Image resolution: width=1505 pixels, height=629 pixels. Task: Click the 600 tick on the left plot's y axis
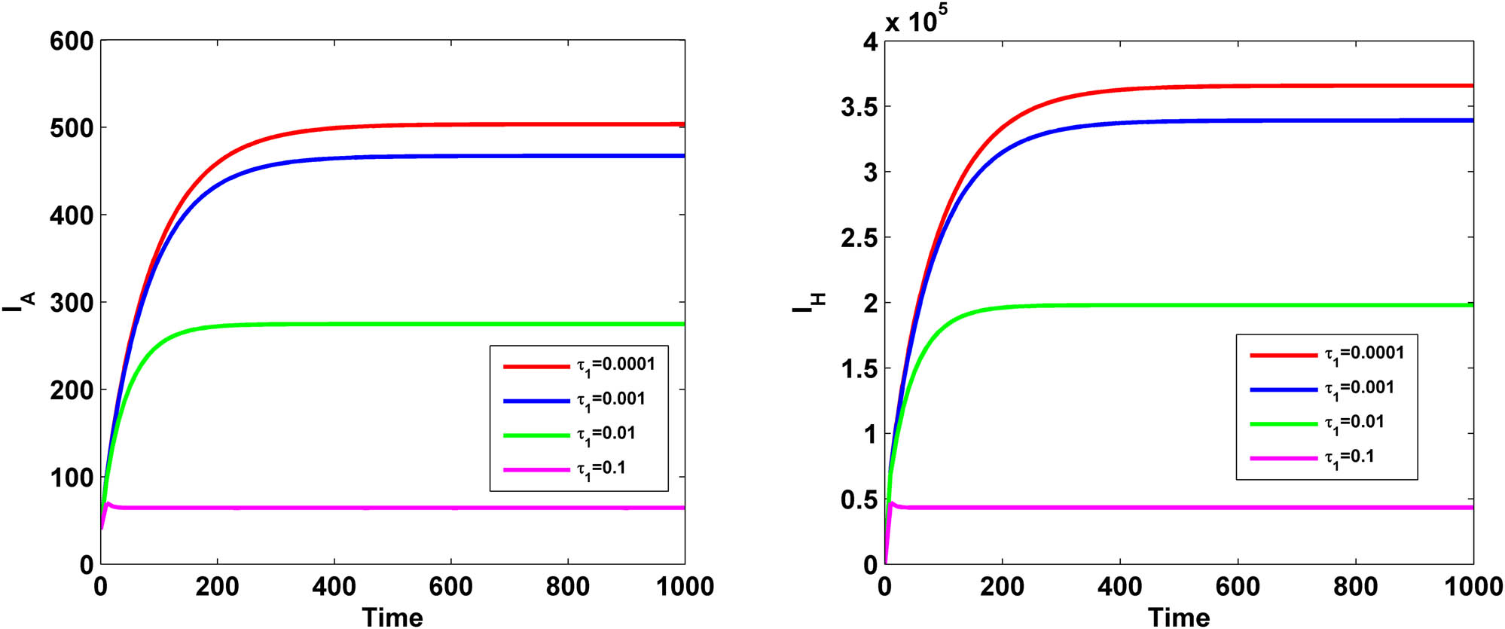(72, 41)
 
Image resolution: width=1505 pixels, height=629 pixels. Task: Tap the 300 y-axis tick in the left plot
(72, 303)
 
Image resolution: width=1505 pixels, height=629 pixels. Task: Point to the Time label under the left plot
(392, 617)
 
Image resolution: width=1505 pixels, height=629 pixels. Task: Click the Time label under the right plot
(1178, 617)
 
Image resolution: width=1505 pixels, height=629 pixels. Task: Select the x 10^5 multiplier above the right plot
(916, 20)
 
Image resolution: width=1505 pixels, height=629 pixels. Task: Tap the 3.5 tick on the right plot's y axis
(859, 107)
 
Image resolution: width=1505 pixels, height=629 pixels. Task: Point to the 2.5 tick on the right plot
(859, 238)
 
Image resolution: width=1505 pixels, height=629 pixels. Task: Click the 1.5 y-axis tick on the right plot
(859, 369)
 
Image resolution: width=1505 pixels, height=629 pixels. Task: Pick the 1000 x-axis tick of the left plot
(685, 586)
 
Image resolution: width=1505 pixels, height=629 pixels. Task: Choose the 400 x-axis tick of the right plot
(1119, 586)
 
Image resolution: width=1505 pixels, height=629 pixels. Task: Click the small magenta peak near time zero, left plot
(108, 502)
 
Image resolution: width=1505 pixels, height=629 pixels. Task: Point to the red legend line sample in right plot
(1283, 354)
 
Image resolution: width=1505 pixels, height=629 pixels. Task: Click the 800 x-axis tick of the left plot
(567, 586)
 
